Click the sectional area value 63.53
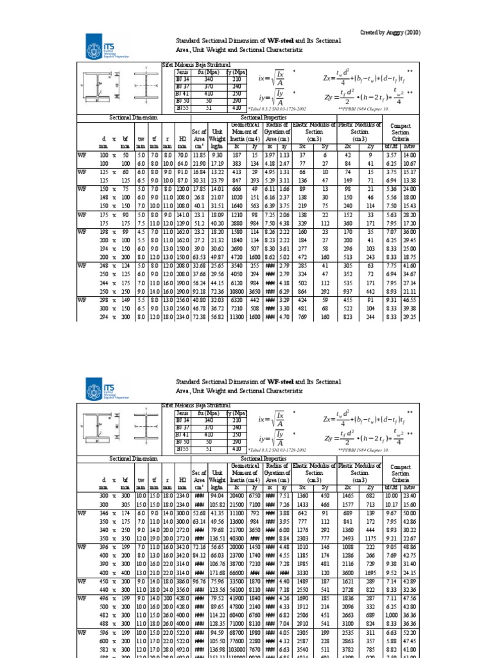coord(200,256)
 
